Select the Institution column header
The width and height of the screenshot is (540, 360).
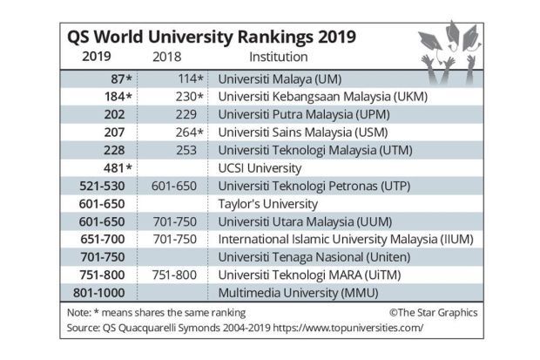coord(278,58)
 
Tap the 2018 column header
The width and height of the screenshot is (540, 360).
coord(172,58)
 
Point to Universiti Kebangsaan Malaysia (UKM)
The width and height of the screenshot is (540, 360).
coord(322,96)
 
